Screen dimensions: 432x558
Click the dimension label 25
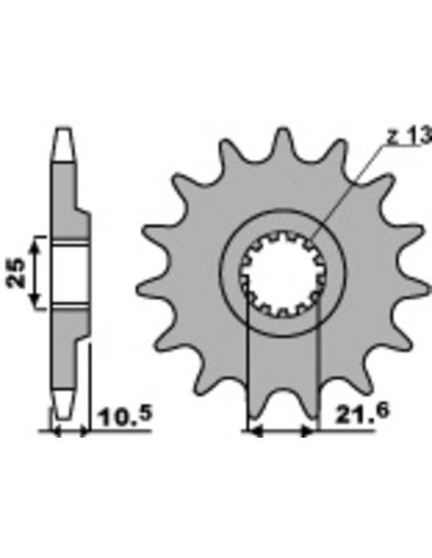16,272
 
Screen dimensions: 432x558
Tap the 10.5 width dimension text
124,416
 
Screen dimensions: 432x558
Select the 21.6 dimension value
362,412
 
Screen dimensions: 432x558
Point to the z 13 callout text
409,136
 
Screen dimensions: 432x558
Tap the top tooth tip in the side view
64,144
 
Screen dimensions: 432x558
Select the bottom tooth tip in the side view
64,403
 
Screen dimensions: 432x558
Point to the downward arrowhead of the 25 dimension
34,301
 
